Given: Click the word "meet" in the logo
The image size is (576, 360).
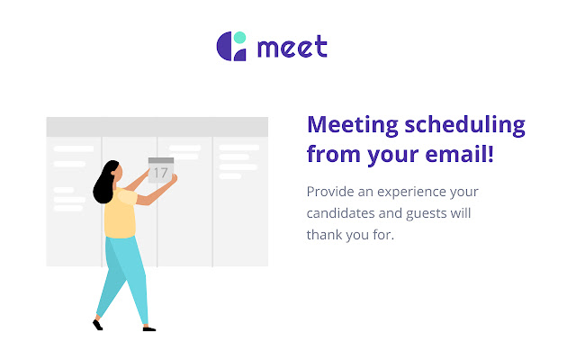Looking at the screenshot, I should click(292, 47).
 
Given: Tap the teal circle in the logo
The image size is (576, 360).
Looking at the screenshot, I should click(240, 38).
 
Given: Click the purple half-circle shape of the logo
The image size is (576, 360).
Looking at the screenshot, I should click(225, 47).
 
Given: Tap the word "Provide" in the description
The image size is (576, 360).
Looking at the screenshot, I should click(332, 192).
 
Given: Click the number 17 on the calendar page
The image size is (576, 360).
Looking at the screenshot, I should click(160, 172).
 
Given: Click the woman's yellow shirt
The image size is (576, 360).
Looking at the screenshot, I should click(119, 216).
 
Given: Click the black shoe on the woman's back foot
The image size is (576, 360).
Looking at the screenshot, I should click(97, 323).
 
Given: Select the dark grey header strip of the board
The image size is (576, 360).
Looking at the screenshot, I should click(157, 126).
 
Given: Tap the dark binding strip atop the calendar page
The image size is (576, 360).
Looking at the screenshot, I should click(160, 160).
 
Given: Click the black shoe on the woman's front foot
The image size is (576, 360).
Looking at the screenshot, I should click(148, 328).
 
